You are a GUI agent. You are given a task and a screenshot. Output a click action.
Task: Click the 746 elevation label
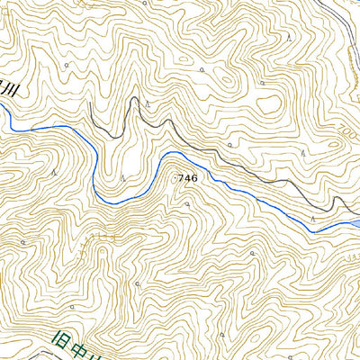[187, 178]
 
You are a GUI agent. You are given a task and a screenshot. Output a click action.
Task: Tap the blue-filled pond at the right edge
[354, 221]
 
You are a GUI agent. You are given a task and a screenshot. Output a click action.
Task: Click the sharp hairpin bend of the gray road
[136, 102]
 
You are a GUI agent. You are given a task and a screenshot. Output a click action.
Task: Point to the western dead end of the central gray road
[90, 106]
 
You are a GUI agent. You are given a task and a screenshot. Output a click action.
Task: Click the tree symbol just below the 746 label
[186, 204]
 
